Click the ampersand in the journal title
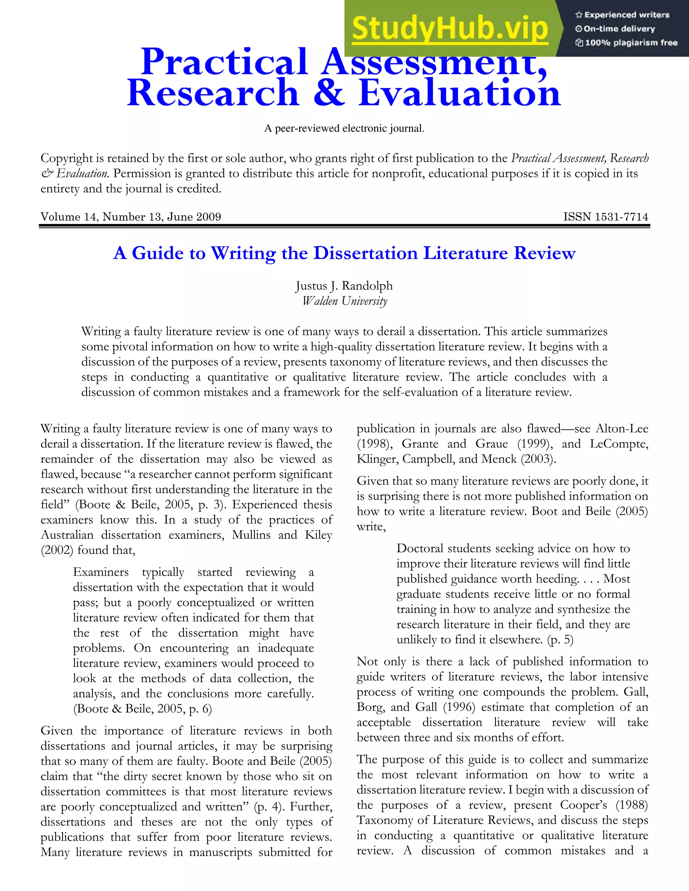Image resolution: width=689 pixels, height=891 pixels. pyautogui.click(x=329, y=93)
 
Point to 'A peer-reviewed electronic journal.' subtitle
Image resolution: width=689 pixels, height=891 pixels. pyautogui.click(x=344, y=128)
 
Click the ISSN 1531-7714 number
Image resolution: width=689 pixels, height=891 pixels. pyautogui.click(x=605, y=217)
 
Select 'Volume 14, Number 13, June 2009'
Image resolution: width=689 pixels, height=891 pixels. pyautogui.click(x=131, y=217)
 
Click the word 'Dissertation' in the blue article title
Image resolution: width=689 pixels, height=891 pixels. pyautogui.click(x=365, y=254)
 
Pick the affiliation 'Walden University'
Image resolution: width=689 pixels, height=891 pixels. pyautogui.click(x=344, y=301)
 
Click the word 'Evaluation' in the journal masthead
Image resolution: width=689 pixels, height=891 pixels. pyautogui.click(x=459, y=93)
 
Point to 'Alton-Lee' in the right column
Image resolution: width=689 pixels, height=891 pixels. pyautogui.click(x=622, y=429)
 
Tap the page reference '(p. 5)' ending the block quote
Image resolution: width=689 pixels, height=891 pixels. pyautogui.click(x=560, y=639)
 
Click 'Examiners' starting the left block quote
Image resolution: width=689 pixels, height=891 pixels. pyautogui.click(x=100, y=572)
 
